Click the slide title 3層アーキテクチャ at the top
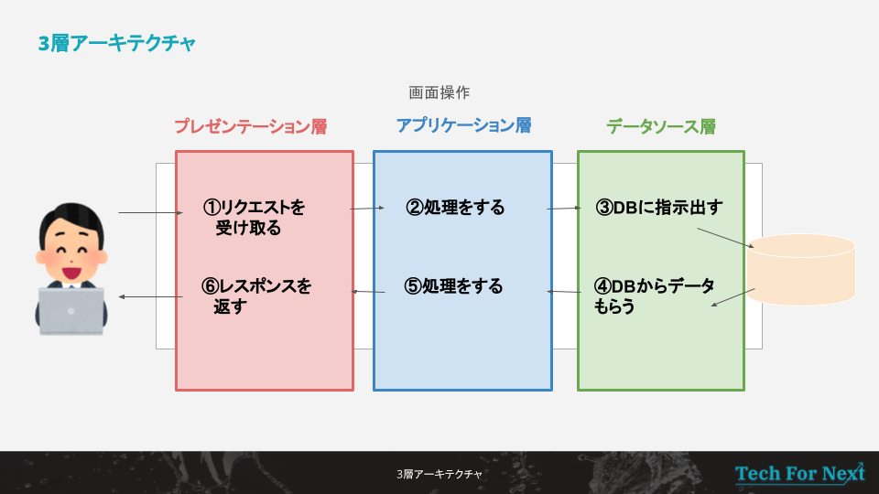tap(116, 43)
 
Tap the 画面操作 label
tap(439, 92)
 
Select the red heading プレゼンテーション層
tap(250, 126)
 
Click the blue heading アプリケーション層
tap(463, 125)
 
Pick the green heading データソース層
tap(661, 126)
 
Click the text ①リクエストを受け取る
tap(254, 218)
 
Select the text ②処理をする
tap(455, 208)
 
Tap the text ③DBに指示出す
tap(658, 208)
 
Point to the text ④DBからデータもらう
tap(654, 296)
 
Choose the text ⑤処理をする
tap(454, 286)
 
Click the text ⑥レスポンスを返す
tap(256, 296)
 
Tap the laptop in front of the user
tap(71, 311)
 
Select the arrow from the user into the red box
tap(150, 214)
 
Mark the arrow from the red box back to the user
tap(150, 296)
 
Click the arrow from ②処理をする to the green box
tap(564, 209)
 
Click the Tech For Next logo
tap(799, 473)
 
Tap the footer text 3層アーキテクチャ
tap(439, 474)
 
